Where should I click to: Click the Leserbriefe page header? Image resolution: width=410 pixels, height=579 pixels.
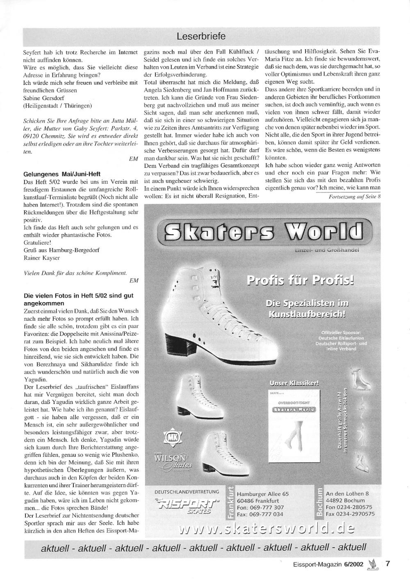pos(201,36)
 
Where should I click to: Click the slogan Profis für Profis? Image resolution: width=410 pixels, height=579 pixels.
pos(300,281)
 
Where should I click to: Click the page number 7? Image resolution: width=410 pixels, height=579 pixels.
pos(387,563)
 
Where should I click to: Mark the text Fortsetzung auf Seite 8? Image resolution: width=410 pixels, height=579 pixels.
pos(355,196)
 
